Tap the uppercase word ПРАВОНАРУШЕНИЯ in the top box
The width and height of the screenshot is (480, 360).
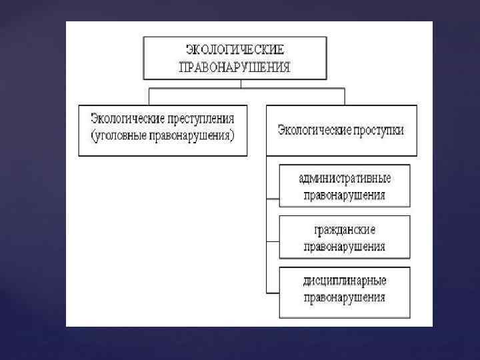234,67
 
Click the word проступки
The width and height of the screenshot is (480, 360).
378,130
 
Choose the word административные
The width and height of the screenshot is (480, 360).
345,179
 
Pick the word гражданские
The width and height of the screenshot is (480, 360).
345,229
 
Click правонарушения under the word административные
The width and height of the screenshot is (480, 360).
345,196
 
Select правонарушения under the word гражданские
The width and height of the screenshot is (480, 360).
345,247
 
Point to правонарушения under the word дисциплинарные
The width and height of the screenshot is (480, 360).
345,297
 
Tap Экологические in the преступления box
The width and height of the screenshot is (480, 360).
127,120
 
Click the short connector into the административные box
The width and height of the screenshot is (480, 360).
273,199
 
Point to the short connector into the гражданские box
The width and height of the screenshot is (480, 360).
273,240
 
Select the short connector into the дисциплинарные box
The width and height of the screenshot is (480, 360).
273,292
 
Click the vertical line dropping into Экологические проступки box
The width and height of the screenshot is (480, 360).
345,97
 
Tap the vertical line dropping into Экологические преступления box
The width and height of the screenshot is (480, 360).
148,97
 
